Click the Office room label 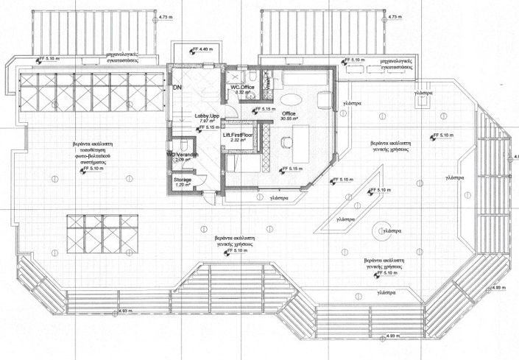tap(288, 113)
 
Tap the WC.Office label tap(243, 88)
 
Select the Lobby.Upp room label tap(207, 116)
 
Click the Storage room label tap(183, 179)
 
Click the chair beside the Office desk tap(286, 140)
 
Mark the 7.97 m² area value tap(207, 121)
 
